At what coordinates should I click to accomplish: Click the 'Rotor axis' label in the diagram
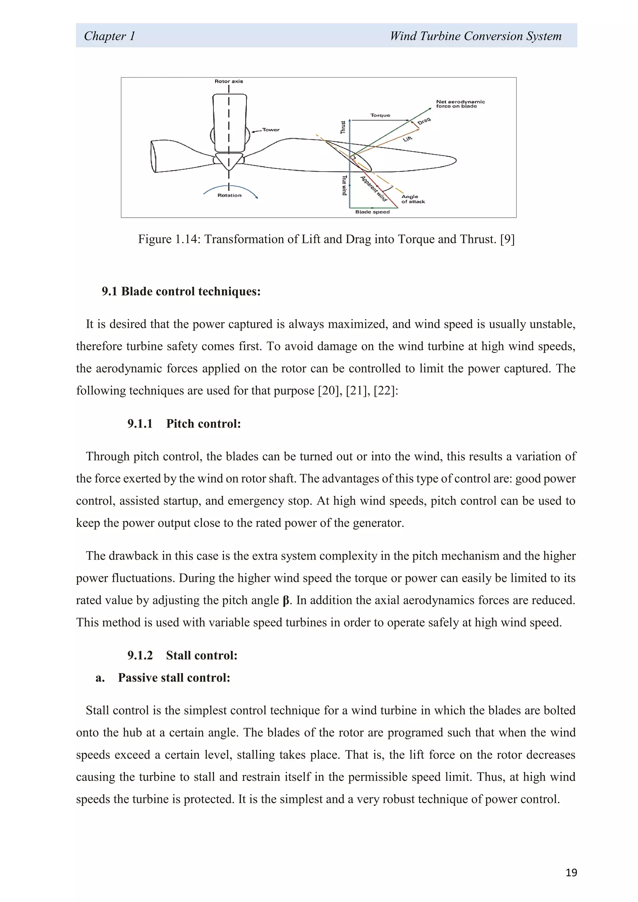point(229,81)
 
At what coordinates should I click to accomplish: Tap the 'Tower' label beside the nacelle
point(271,130)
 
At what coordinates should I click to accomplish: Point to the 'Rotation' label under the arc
point(229,195)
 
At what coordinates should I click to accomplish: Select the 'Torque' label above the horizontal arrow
point(380,115)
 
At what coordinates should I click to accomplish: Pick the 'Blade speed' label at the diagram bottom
point(372,212)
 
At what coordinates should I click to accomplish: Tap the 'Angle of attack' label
point(412,199)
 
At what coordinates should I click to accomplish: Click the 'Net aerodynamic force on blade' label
point(460,104)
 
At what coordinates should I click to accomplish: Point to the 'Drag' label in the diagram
point(424,121)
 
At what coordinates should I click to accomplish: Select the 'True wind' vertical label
point(345,185)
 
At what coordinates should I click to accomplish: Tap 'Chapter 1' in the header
point(110,36)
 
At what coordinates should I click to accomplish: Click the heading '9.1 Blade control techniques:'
point(181,291)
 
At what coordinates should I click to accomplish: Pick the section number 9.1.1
point(140,424)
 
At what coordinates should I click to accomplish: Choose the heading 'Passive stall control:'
point(174,678)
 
